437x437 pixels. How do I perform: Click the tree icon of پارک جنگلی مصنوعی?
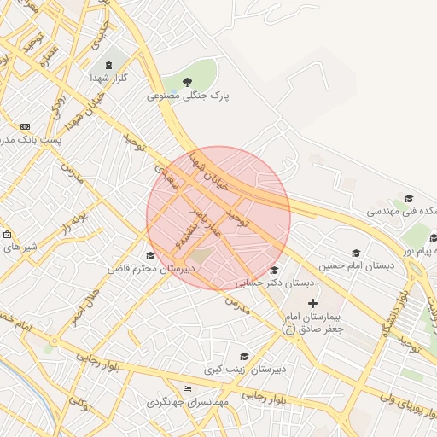[x=189, y=82]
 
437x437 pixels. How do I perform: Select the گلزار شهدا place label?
[x=108, y=78]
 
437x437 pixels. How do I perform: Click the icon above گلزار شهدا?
[x=108, y=64]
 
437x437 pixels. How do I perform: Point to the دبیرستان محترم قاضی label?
[x=152, y=268]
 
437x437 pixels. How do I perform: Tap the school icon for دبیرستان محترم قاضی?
[x=151, y=255]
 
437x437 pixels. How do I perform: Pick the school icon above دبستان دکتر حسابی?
[x=273, y=270]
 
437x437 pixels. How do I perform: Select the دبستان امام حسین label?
[x=357, y=265]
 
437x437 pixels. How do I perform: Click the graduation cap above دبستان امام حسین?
[x=356, y=253]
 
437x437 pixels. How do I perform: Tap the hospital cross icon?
[x=312, y=303]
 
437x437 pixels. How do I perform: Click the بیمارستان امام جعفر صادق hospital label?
[x=312, y=323]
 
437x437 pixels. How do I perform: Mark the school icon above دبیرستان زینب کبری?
[x=244, y=357]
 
